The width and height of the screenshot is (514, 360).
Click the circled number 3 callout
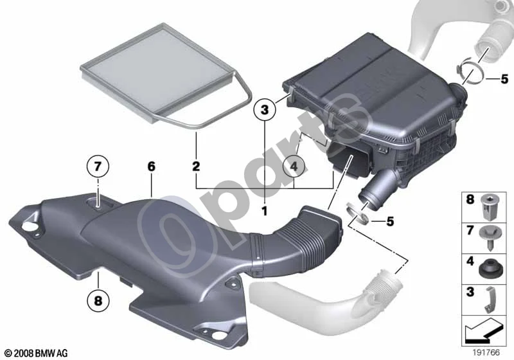[x=265, y=109]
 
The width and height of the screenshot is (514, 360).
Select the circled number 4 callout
[x=294, y=167]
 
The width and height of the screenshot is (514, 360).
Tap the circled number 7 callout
[x=98, y=167]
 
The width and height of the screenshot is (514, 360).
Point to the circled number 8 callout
[x=98, y=300]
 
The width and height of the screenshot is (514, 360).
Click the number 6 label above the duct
[x=151, y=166]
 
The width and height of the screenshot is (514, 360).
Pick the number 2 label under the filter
[x=196, y=166]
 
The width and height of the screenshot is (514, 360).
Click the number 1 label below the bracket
[x=265, y=211]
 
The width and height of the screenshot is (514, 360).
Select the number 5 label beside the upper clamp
[x=504, y=79]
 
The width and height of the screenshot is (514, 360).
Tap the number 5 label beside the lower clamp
[x=390, y=221]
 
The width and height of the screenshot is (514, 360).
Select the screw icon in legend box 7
[x=488, y=238]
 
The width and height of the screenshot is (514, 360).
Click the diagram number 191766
[x=486, y=352]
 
